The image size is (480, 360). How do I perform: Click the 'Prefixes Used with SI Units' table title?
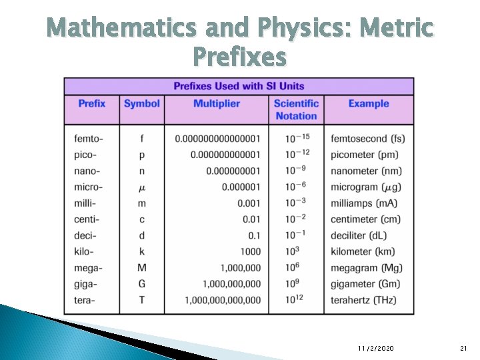tap(238, 86)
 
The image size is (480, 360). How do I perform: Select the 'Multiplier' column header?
tap(216, 103)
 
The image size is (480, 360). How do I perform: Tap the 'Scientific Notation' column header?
tap(296, 109)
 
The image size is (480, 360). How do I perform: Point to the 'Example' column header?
tap(368, 103)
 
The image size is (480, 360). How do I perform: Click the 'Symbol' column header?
tap(142, 103)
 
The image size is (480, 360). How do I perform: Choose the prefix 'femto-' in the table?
tap(89, 139)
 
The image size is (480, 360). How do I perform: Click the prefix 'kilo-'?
tap(85, 251)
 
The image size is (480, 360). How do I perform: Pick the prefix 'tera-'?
tap(85, 300)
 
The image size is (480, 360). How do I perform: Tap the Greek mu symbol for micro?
tap(142, 187)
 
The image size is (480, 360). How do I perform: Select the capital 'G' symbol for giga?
tap(142, 284)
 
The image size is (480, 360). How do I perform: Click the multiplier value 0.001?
tap(249, 203)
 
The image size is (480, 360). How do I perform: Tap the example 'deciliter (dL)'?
tap(359, 235)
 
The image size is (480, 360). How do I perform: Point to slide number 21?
tap(464, 349)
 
